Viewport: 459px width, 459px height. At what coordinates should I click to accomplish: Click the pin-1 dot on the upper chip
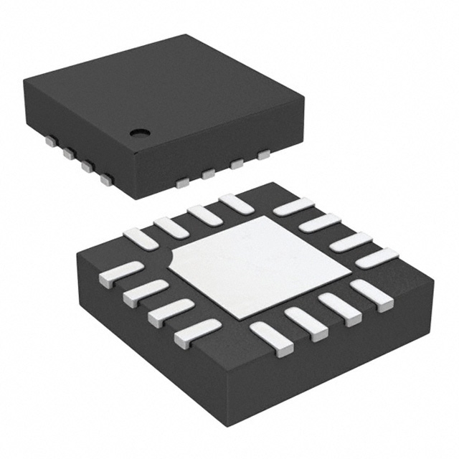138,132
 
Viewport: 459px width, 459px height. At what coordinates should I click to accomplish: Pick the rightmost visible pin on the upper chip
263,153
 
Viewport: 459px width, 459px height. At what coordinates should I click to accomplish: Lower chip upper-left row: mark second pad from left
171,225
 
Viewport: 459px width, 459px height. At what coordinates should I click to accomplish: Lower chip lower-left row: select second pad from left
146,292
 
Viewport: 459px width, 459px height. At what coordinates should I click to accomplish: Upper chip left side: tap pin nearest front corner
107,179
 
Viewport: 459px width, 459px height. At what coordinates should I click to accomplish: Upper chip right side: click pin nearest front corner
182,184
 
